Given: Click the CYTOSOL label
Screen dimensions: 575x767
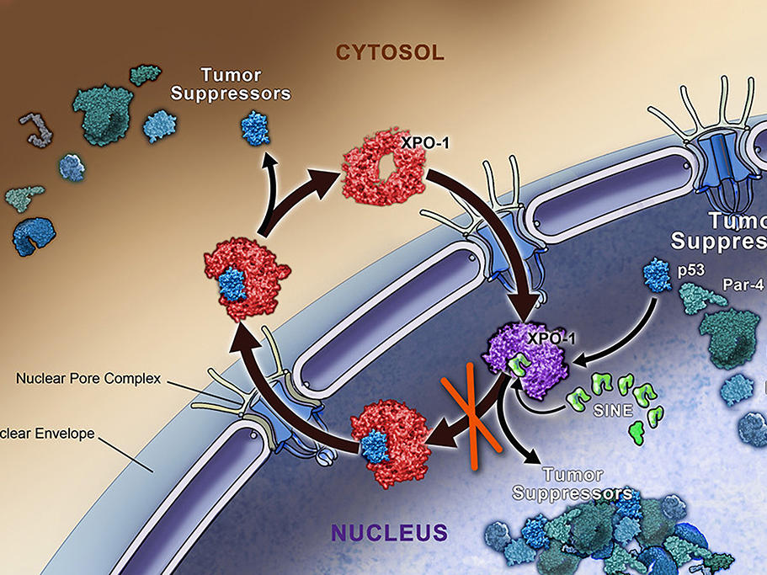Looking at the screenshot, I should [389, 53].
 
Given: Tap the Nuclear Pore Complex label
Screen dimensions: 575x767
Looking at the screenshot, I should [88, 378].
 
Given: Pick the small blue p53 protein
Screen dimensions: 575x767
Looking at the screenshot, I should [655, 274].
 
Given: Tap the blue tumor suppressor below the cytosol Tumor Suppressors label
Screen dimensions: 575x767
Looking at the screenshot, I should [253, 129].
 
